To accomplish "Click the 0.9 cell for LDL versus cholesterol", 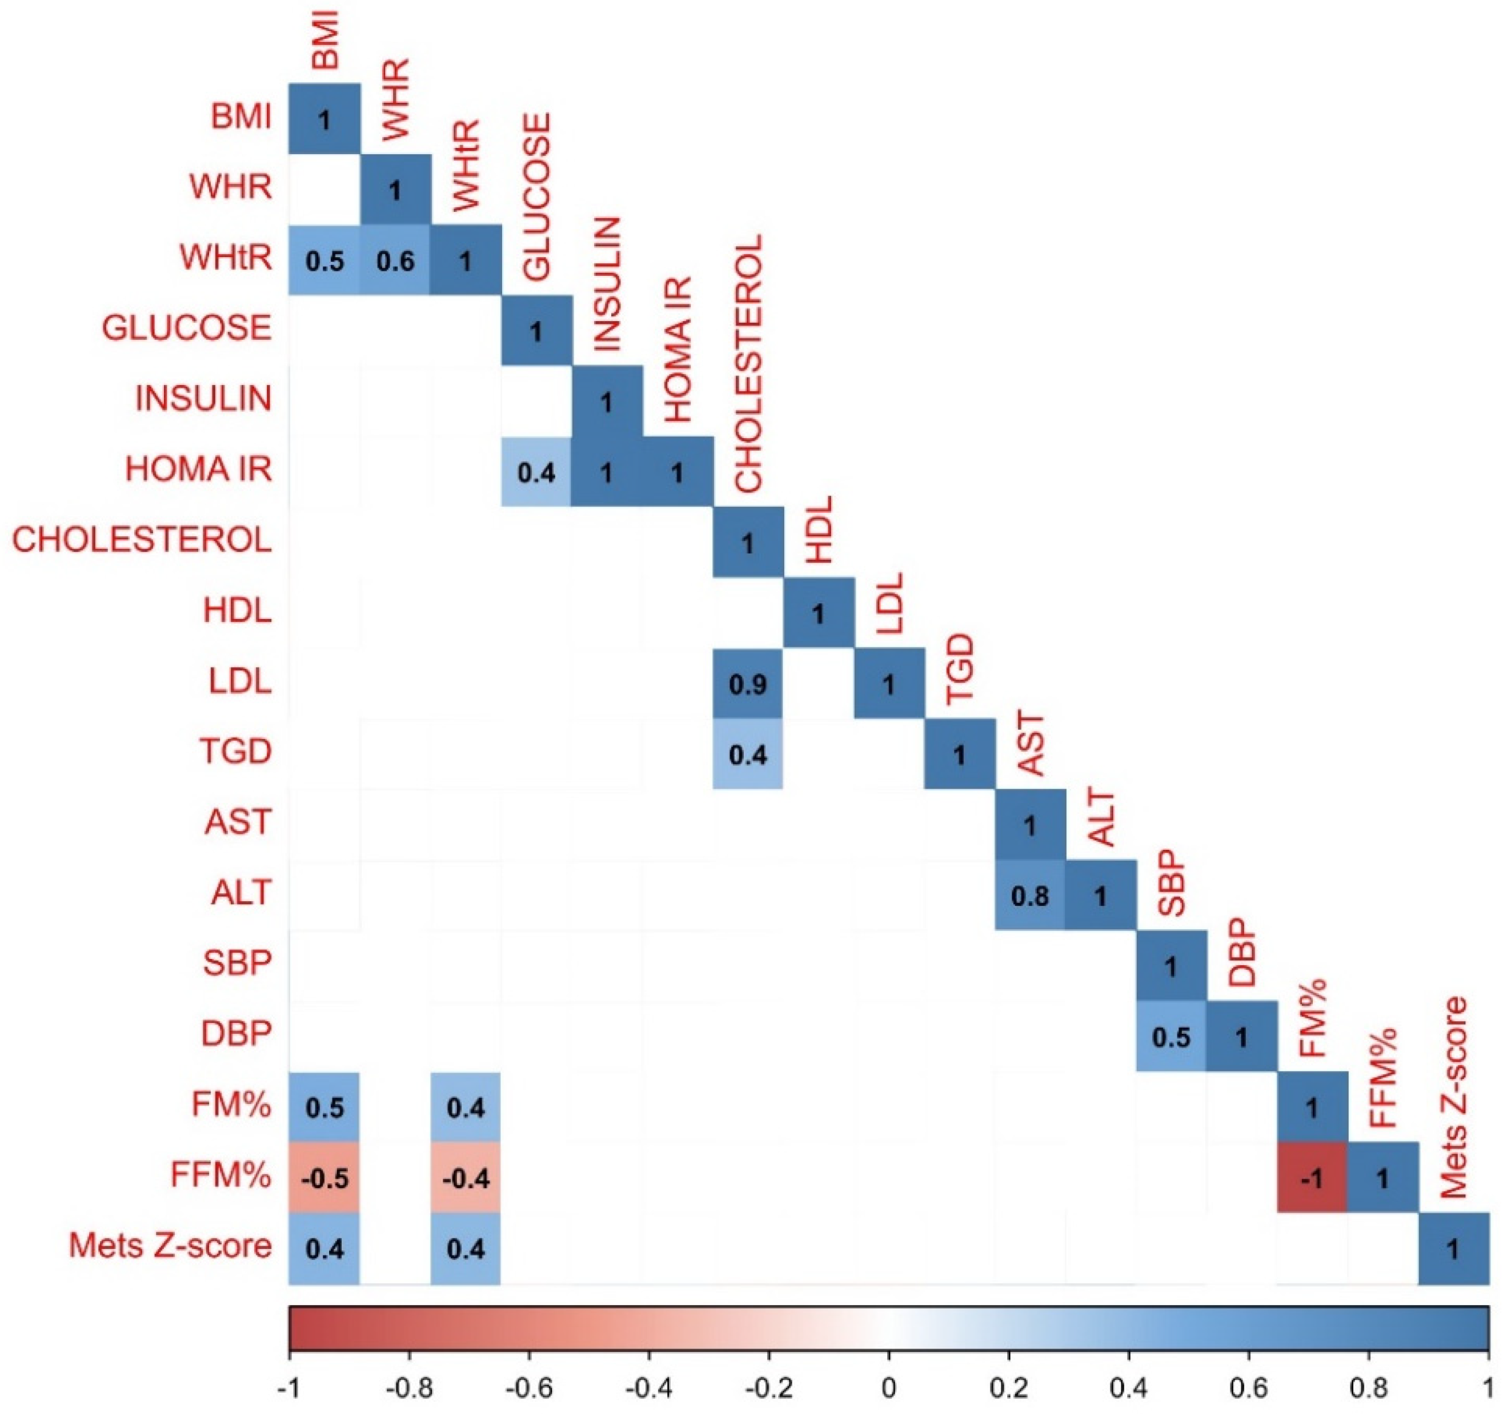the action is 748,684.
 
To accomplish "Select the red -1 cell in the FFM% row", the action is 1312,1178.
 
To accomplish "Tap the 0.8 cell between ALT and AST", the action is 1030,896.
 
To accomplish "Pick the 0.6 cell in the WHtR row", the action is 395,260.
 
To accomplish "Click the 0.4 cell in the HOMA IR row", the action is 536,472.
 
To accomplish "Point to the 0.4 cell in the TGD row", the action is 748,754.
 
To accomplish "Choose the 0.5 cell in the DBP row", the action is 1171,1037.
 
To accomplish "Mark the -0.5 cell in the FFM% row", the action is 324,1178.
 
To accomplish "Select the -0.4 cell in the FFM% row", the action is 466,1178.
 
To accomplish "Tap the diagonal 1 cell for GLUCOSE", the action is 536,331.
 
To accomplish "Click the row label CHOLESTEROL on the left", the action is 142,540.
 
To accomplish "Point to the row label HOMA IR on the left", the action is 198,469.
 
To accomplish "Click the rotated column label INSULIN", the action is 607,284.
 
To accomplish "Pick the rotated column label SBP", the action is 1171,883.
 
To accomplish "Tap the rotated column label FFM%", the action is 1382,1077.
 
